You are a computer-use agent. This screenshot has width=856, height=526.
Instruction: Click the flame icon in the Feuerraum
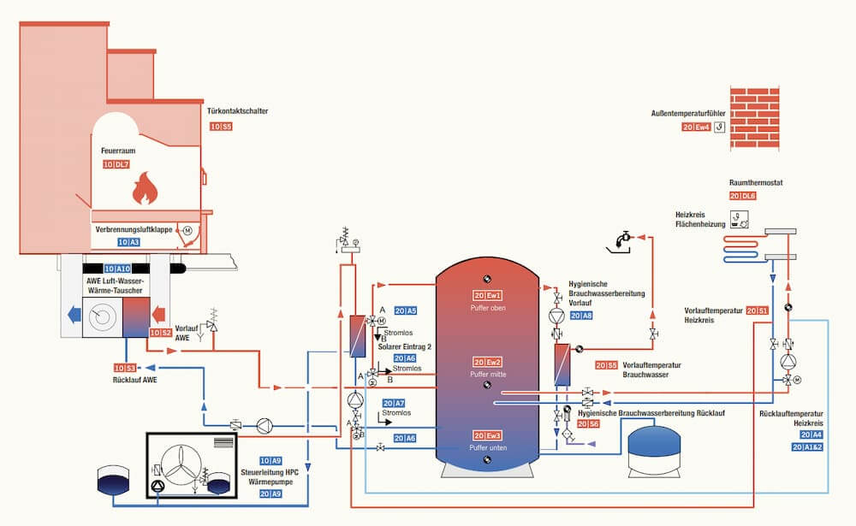point(143,187)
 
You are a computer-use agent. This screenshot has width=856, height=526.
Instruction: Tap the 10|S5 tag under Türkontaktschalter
point(220,127)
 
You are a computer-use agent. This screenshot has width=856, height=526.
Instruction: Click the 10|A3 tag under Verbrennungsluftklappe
point(128,243)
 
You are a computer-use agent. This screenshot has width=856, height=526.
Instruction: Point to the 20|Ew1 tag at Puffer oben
point(485,295)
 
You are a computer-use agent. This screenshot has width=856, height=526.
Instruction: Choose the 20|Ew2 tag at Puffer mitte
point(485,363)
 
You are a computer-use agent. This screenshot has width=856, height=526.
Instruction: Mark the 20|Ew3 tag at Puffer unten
point(485,435)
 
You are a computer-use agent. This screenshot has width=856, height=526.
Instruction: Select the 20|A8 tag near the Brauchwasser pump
point(581,316)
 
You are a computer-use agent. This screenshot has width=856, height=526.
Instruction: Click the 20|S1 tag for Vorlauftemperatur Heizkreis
point(757,310)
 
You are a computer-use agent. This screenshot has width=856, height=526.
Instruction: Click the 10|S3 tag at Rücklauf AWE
point(124,368)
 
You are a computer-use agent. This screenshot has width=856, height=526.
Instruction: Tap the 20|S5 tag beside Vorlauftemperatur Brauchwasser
point(606,365)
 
